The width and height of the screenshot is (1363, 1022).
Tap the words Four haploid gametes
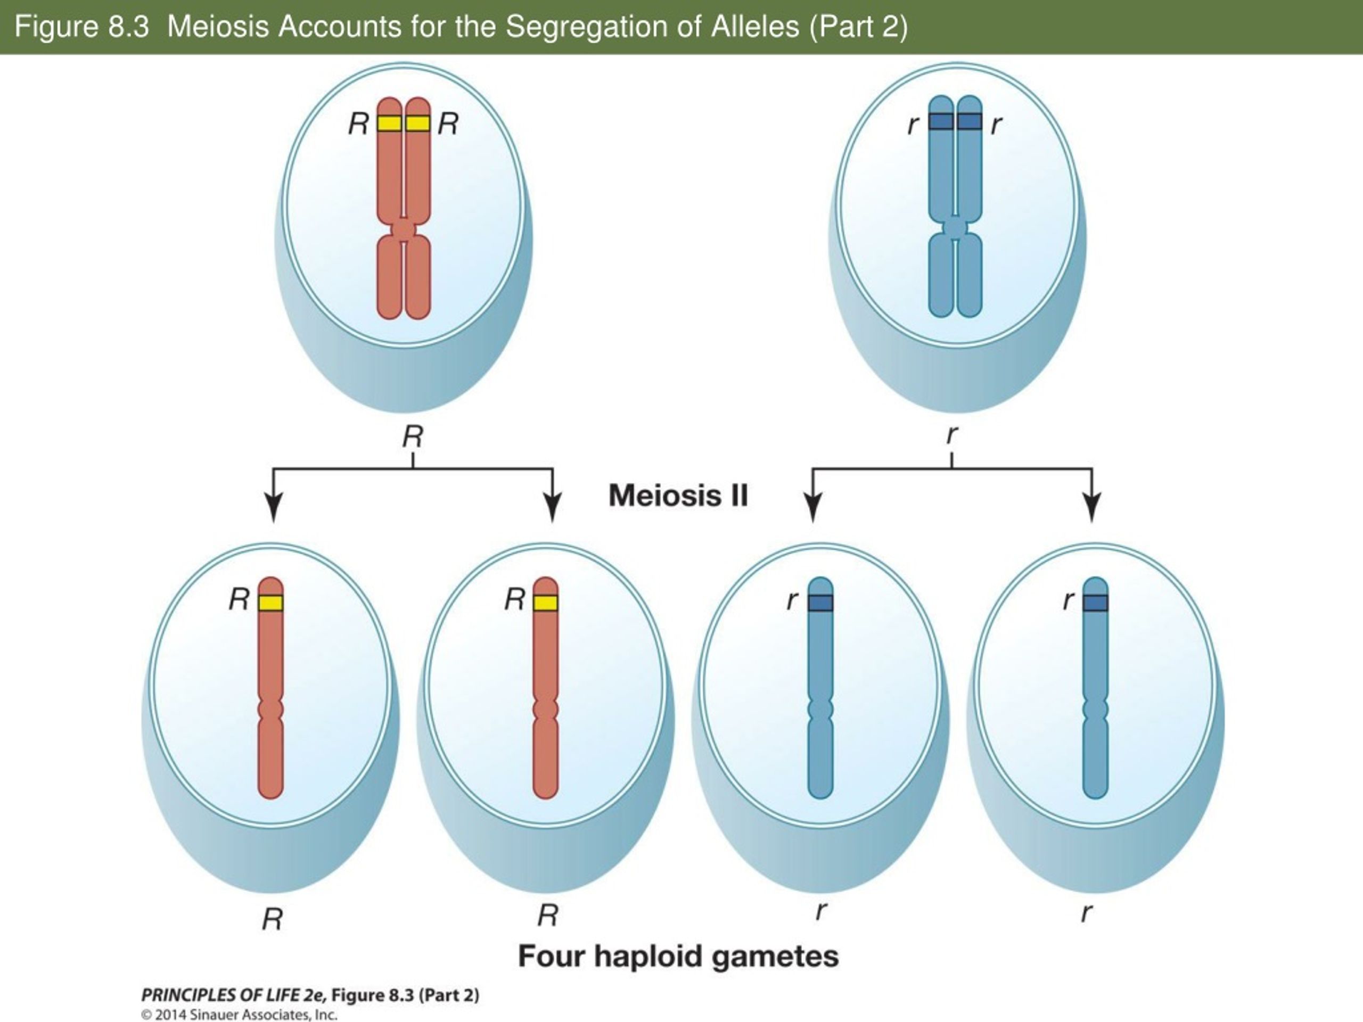(x=678, y=956)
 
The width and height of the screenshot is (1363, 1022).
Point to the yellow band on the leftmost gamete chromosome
(x=270, y=603)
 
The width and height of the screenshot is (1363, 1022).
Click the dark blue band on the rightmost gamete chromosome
(x=1095, y=603)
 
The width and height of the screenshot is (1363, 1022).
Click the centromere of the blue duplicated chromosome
(x=955, y=227)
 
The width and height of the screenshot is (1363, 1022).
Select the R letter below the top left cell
(x=413, y=438)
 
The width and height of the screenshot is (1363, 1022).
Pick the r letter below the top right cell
(x=952, y=435)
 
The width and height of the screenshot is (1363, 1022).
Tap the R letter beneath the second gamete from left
(x=548, y=916)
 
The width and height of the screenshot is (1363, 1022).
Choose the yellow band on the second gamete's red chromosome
(x=545, y=603)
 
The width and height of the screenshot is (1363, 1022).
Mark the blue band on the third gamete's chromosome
(x=820, y=603)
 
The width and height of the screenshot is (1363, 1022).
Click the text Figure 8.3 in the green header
(x=82, y=27)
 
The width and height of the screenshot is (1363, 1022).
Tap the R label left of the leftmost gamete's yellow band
(x=240, y=599)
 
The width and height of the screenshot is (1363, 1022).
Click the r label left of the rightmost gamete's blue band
(x=1069, y=600)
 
